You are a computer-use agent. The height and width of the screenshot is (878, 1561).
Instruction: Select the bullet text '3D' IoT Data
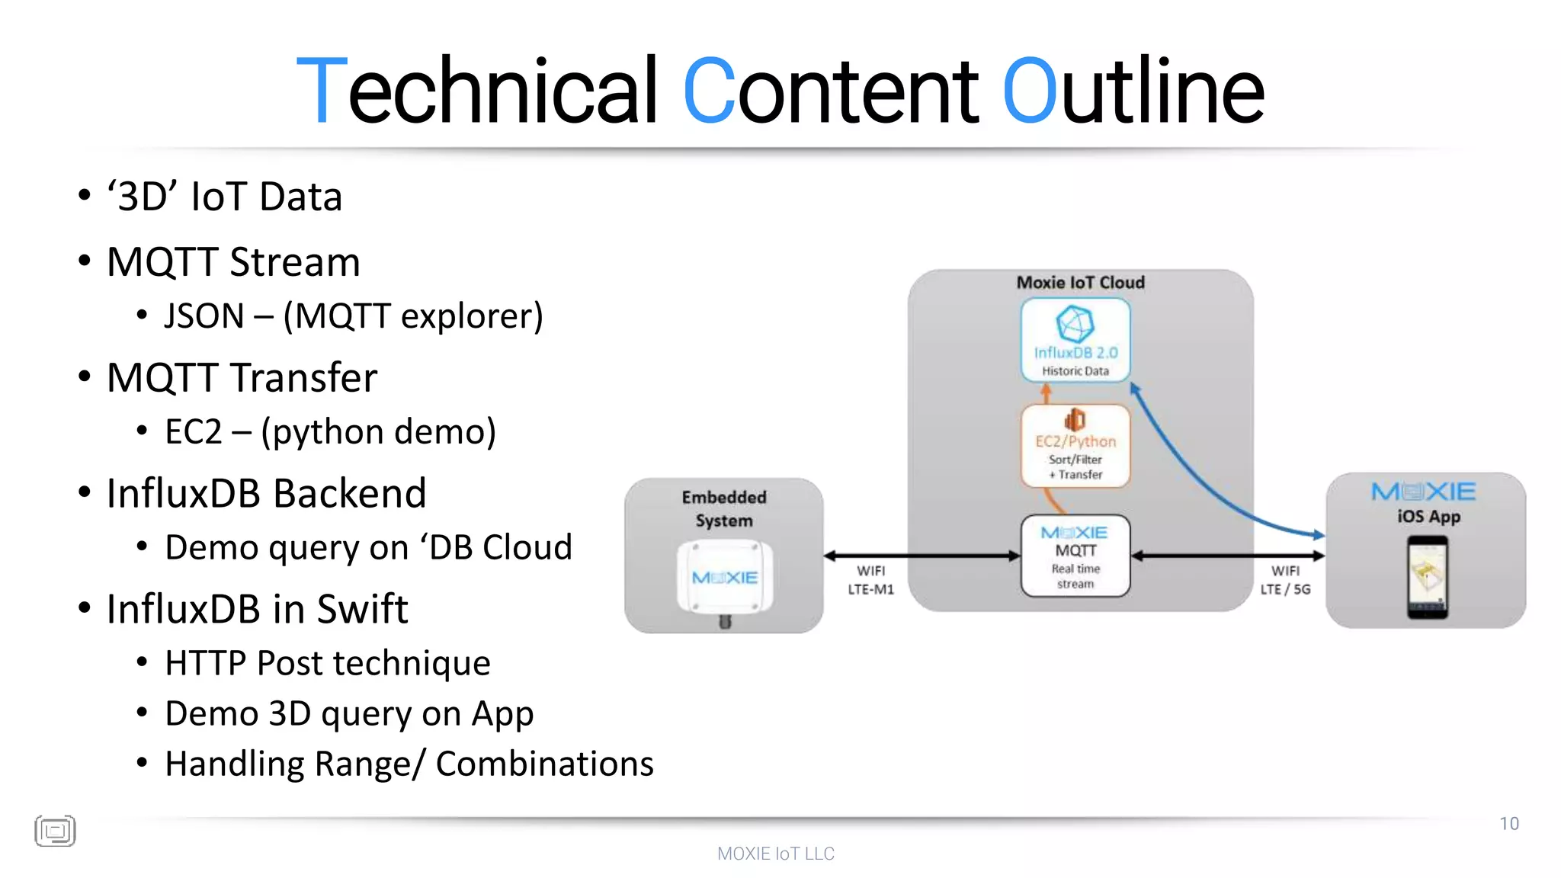point(224,197)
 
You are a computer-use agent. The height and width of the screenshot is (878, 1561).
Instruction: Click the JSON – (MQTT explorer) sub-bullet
point(354,316)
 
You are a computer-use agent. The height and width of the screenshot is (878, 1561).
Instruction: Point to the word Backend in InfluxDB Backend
point(350,493)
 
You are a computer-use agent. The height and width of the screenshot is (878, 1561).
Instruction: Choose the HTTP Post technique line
point(328,663)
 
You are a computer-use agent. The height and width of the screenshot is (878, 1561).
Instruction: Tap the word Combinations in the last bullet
point(544,764)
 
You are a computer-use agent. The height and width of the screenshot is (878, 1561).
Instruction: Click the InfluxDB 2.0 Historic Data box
point(1075,340)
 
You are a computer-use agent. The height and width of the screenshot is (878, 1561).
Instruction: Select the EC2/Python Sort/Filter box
point(1075,446)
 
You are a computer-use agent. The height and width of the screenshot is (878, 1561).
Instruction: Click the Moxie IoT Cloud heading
point(1080,283)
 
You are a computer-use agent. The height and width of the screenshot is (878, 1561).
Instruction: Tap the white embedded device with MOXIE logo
point(724,578)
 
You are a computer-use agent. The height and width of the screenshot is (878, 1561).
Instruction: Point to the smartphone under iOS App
point(1427,577)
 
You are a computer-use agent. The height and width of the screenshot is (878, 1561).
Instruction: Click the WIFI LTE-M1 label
point(870,580)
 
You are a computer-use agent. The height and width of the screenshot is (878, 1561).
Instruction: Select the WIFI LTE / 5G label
point(1285,580)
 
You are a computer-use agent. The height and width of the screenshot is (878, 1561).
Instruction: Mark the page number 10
point(1509,824)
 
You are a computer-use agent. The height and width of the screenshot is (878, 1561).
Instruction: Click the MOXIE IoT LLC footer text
point(776,854)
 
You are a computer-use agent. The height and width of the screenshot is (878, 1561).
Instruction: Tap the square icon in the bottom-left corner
point(55,831)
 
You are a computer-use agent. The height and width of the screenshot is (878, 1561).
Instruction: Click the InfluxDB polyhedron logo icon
point(1075,324)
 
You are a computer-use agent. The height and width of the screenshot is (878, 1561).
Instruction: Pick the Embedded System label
point(724,508)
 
